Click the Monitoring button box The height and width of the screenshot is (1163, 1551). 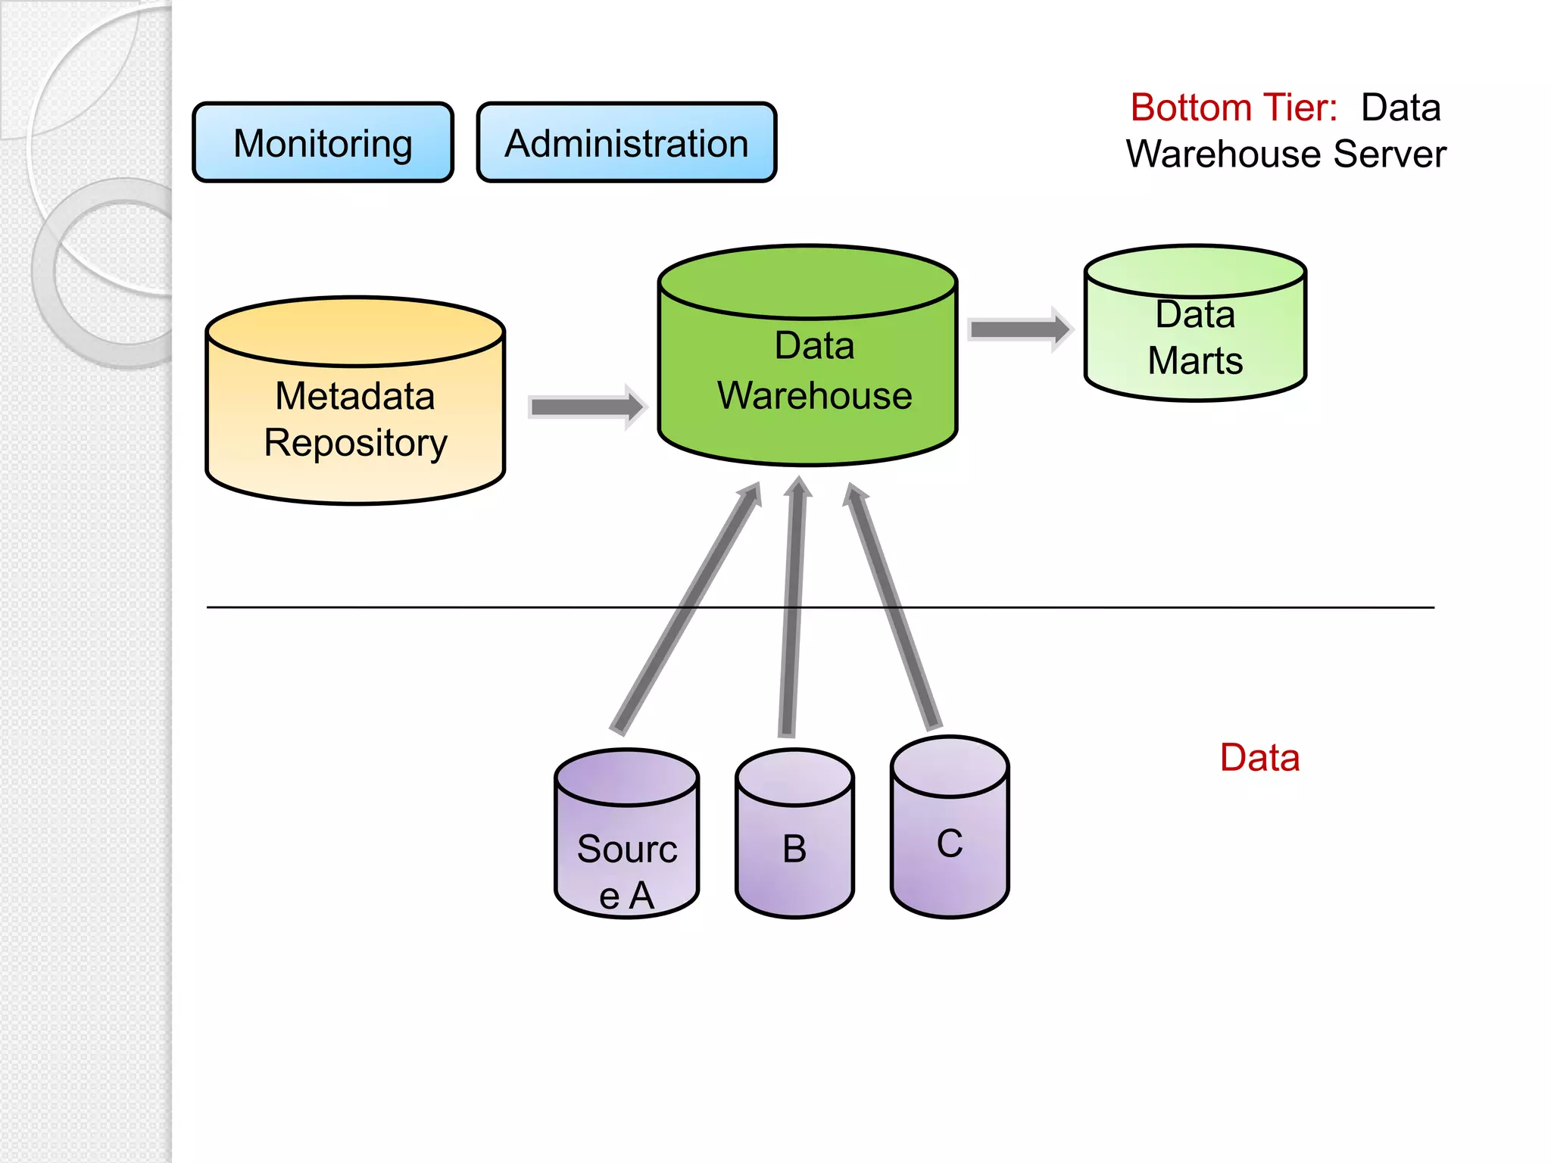click(323, 143)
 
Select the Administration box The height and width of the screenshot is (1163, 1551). click(626, 143)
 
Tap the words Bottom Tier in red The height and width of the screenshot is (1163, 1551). click(1234, 108)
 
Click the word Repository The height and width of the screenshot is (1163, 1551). click(355, 443)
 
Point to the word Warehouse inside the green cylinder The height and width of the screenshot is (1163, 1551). click(814, 396)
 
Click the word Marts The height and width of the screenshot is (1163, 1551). click(1195, 361)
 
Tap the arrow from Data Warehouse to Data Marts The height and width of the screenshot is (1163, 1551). click(1019, 329)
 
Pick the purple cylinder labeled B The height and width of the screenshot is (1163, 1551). click(794, 840)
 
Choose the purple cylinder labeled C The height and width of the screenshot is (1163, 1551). click(950, 833)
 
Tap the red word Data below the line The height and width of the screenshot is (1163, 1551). click(1259, 758)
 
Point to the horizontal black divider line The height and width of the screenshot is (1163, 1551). click(1136, 607)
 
